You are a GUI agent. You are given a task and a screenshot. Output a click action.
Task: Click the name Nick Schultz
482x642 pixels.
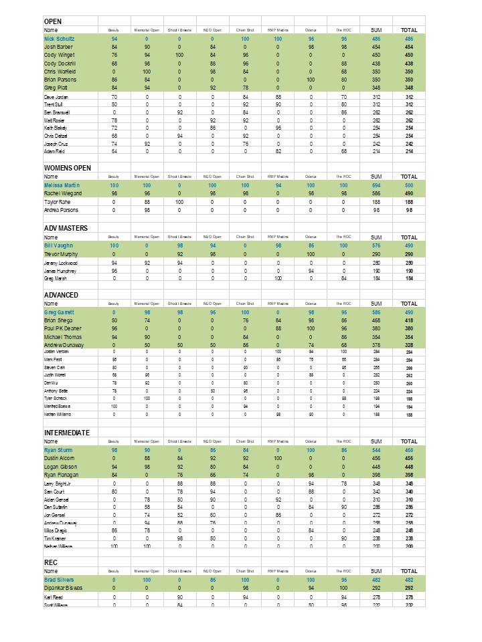59,39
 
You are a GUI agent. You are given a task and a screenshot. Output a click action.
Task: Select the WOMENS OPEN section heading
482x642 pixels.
68,168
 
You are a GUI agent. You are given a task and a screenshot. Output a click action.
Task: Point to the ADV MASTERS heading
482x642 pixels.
66,228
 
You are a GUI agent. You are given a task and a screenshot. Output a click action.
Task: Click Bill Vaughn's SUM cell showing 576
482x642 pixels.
376,246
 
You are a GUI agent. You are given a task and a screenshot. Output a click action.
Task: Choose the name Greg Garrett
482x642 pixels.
60,312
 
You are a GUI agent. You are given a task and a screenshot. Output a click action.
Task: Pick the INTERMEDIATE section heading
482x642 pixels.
67,433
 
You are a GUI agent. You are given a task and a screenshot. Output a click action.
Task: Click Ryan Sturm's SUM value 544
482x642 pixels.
376,450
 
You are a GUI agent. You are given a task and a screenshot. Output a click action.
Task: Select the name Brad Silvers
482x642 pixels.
59,579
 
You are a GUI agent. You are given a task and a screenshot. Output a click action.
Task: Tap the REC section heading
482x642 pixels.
52,562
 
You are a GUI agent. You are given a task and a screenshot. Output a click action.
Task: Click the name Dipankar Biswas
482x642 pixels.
64,587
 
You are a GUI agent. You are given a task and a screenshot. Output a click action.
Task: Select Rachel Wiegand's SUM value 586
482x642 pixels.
376,193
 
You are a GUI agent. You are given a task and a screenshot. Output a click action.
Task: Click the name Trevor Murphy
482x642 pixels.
62,254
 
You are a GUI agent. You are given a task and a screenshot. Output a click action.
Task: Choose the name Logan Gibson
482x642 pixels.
60,466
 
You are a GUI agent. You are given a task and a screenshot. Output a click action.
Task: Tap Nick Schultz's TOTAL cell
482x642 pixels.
409,39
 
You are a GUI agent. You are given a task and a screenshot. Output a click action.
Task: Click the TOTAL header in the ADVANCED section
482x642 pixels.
409,304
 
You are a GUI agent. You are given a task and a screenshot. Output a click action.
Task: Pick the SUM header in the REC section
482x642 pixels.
376,571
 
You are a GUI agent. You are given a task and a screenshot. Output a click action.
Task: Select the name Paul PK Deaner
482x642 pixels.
64,328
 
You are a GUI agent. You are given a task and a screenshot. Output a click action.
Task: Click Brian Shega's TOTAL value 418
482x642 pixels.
409,320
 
